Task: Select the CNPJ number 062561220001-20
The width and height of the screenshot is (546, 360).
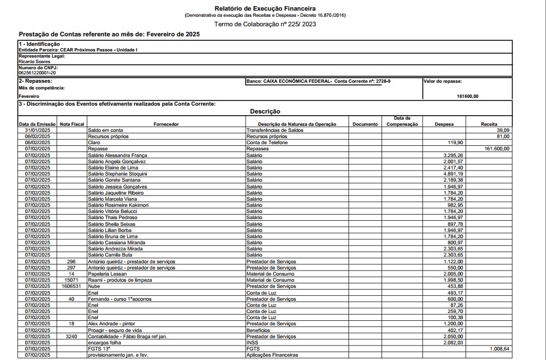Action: [37, 73]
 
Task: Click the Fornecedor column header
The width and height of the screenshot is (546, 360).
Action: [166, 124]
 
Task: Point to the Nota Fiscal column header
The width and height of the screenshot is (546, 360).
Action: [72, 124]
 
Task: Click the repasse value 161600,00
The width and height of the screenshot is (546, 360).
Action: [467, 96]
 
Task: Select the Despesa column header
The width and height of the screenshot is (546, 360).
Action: [444, 124]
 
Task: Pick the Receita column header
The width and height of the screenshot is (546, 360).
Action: [488, 124]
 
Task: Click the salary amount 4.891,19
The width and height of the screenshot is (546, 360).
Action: [453, 174]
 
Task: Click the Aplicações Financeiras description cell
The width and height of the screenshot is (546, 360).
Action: [272, 355]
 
